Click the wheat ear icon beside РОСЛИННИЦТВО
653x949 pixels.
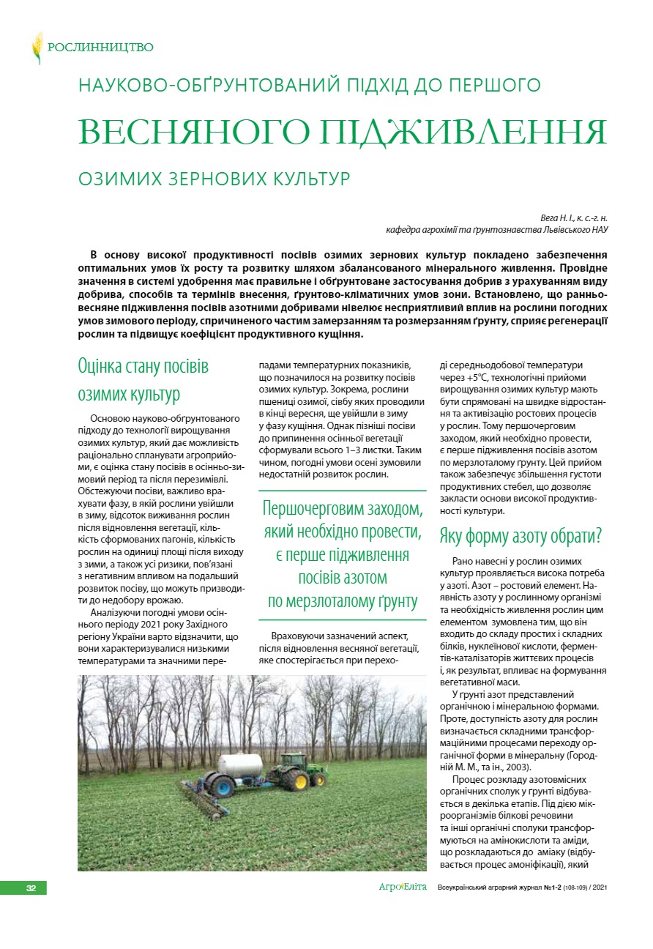(37, 48)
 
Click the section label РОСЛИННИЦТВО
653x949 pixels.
(100, 48)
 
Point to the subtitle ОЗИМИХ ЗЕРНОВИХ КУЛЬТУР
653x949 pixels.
(214, 178)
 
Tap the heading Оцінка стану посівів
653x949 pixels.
(143, 366)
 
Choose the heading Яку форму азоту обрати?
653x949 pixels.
(520, 535)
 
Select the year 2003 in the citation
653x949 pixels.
(531, 767)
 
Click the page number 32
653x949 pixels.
(31, 888)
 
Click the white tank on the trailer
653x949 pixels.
(241, 766)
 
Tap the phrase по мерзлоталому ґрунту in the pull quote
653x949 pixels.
(343, 603)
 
